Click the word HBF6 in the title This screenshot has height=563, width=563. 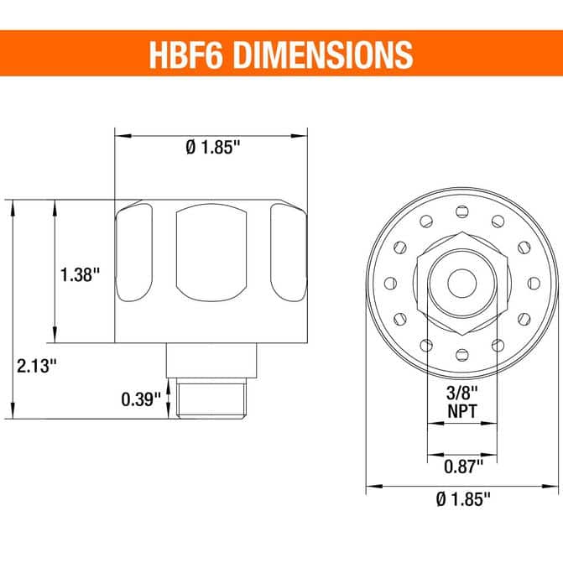click(x=185, y=55)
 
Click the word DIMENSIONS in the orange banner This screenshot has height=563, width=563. click(x=324, y=55)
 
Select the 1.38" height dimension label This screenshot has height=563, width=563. click(x=80, y=274)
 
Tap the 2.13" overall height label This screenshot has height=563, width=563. click(x=37, y=366)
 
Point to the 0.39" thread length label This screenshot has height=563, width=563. click(x=141, y=399)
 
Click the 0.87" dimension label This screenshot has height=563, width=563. click(x=463, y=467)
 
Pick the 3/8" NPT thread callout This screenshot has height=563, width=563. click(x=462, y=402)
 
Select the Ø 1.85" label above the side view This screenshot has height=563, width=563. click(x=212, y=147)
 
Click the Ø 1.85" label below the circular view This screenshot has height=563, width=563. click(x=463, y=498)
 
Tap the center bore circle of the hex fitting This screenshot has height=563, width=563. click(x=462, y=284)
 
